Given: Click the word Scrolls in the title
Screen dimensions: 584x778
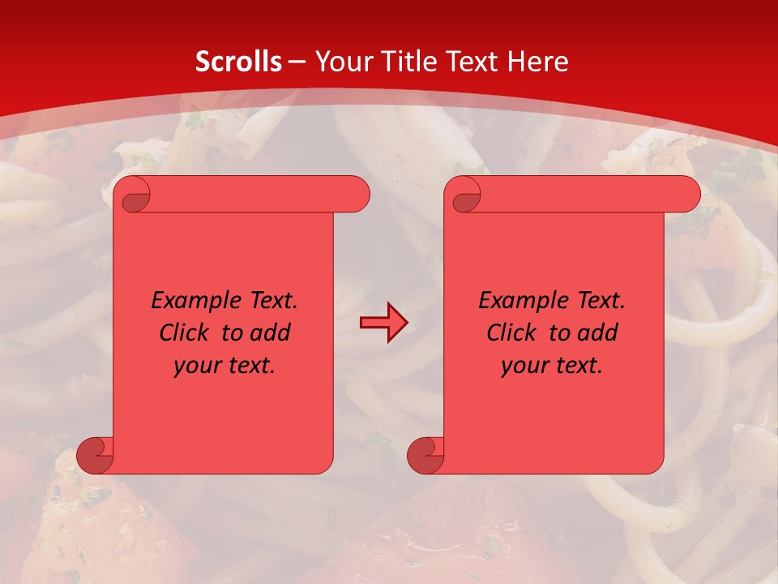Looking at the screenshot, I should (x=238, y=62).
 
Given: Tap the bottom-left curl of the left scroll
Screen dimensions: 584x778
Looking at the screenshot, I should (x=96, y=455).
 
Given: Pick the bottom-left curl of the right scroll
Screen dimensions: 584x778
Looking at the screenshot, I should (x=426, y=455).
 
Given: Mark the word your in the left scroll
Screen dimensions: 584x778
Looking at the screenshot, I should (x=198, y=366).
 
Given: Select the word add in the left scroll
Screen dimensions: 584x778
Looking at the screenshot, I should (x=271, y=333).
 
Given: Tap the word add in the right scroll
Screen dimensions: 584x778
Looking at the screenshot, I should (x=599, y=333).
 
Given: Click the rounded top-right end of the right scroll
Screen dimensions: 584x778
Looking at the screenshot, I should (x=685, y=195).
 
